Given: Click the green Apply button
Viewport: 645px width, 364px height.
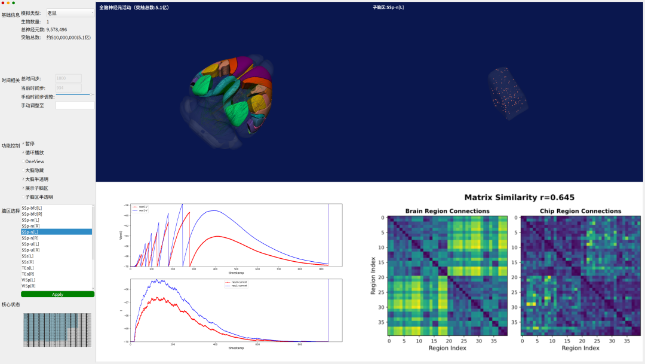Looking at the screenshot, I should click(x=57, y=294).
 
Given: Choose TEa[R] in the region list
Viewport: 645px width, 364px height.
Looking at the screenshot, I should click(x=28, y=274).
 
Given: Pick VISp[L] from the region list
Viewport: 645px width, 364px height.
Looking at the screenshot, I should click(x=29, y=280).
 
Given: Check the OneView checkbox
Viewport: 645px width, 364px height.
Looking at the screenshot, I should click(x=23, y=161).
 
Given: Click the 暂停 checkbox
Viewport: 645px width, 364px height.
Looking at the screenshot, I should click(x=23, y=143).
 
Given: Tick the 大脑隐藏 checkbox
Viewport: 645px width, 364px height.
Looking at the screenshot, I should click(x=23, y=170).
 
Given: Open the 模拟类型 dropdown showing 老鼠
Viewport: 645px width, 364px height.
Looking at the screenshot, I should click(x=70, y=13).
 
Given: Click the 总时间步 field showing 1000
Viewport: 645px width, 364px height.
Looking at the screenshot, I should click(x=68, y=78).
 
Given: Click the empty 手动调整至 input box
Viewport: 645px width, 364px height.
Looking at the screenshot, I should click(x=75, y=105).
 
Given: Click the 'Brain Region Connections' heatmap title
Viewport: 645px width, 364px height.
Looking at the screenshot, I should click(x=447, y=211).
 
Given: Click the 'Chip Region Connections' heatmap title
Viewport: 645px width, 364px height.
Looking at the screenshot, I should click(x=580, y=211).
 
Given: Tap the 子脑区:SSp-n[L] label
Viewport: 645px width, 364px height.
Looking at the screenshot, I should click(x=388, y=7).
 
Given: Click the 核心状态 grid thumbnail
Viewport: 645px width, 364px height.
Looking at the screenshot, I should click(x=57, y=330).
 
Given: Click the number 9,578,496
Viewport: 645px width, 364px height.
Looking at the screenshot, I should click(x=56, y=29).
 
